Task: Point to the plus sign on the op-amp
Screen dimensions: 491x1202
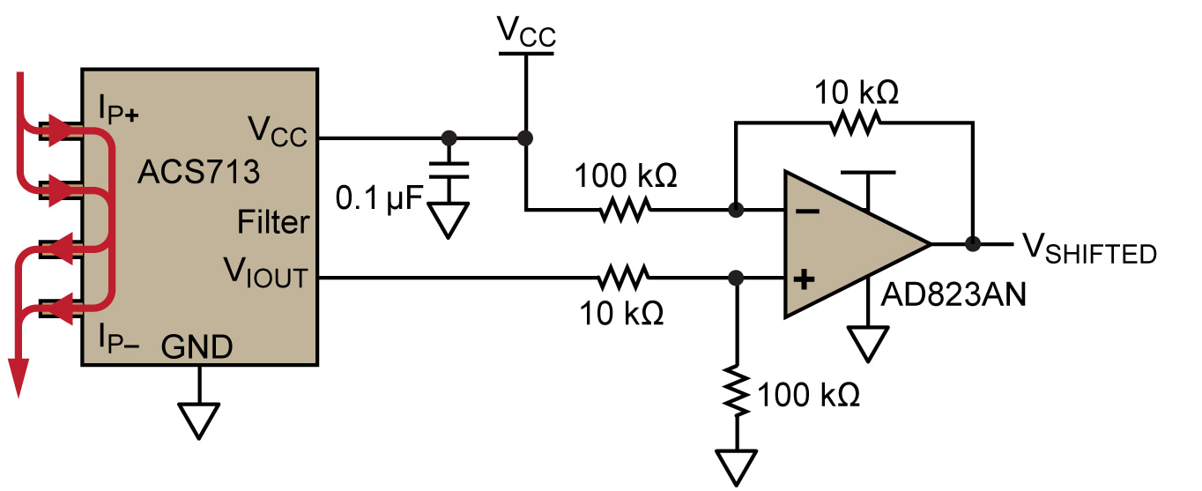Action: click(x=804, y=280)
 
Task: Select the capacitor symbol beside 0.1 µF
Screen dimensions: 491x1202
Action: click(x=449, y=169)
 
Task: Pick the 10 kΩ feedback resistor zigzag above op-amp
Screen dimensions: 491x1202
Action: click(x=853, y=124)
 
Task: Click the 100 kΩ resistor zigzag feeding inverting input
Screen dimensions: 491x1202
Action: click(x=625, y=210)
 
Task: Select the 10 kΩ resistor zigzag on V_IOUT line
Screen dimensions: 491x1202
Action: click(x=625, y=278)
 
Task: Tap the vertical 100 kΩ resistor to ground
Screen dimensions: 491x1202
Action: click(x=737, y=390)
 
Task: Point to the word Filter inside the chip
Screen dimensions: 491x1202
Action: click(x=273, y=223)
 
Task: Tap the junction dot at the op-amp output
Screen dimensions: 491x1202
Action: click(x=974, y=244)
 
